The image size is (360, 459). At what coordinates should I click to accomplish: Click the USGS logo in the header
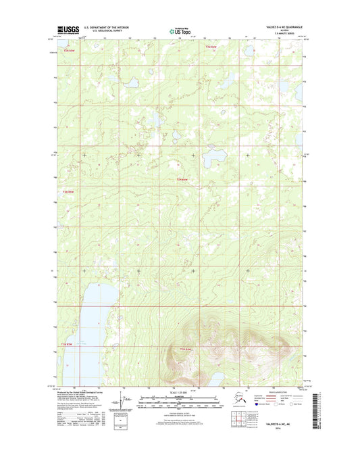click(x=68, y=30)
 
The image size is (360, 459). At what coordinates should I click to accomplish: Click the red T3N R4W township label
click(x=211, y=46)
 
